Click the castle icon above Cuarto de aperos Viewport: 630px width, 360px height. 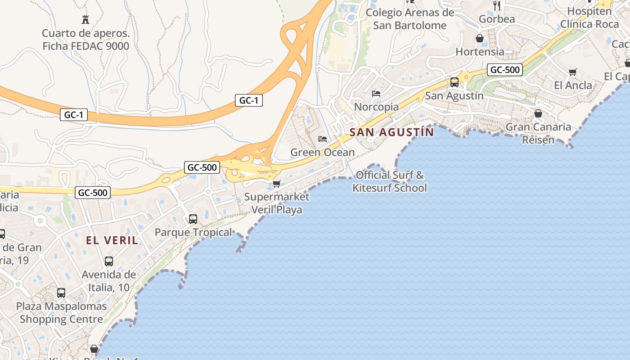point(85,19)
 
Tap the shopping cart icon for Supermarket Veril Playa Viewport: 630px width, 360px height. point(277,184)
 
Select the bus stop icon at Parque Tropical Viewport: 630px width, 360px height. point(193,219)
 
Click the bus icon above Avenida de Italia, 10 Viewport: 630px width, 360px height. point(109,261)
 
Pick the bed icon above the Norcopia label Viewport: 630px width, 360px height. point(376,94)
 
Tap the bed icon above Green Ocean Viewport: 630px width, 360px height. point(322,139)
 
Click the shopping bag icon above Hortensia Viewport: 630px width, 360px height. point(480,38)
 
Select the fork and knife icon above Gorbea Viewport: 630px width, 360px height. point(497,6)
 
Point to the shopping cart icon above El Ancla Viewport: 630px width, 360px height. point(573,72)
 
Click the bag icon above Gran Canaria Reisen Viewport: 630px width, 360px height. point(538,113)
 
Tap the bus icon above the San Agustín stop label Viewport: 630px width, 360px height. point(454,82)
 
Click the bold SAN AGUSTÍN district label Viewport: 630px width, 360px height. point(391,132)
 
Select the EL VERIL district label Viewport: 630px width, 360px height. point(112,240)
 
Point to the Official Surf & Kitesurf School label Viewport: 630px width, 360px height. point(390,181)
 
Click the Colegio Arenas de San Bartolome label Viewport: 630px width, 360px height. point(410,19)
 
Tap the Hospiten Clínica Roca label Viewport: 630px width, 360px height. point(589,18)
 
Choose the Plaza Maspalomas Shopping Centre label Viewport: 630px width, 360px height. point(62,313)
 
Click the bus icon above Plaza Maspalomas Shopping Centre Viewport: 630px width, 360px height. point(61,293)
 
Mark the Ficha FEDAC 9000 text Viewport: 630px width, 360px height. point(85,46)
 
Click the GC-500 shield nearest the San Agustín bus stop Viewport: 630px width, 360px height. point(505,70)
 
